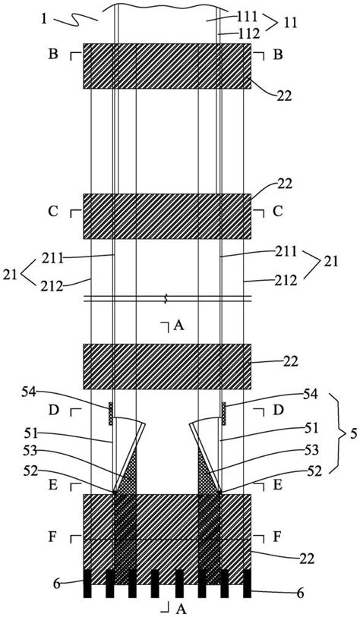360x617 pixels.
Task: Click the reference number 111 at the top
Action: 248,17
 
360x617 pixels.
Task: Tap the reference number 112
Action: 249,34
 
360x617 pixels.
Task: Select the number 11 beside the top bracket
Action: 288,22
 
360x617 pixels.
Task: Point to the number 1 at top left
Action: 45,19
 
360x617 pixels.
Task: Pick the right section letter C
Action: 277,212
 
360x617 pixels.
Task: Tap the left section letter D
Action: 53,410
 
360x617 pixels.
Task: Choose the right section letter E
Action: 277,485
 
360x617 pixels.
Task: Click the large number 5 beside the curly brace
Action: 353,433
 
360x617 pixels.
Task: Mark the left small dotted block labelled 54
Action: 111,414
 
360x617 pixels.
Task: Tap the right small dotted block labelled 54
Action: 224,414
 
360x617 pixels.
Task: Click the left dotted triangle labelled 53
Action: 130,474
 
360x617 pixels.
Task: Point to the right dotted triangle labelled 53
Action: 205,475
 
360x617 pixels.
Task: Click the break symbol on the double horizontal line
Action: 167,299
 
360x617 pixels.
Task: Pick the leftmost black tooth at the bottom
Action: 87,584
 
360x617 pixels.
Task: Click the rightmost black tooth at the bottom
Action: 248,584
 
